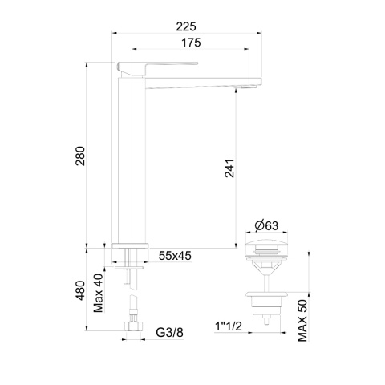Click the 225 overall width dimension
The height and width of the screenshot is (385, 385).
[186, 26]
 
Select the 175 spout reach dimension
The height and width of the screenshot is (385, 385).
[191, 43]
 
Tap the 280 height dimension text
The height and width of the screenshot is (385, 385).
[80, 156]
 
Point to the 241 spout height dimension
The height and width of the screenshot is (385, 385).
[229, 168]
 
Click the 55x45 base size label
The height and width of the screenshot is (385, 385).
[175, 256]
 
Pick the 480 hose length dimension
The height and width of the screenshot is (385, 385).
[80, 290]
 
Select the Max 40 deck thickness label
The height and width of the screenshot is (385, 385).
[99, 293]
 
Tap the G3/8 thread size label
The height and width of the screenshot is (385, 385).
[170, 333]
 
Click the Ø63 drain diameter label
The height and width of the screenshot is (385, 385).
[266, 225]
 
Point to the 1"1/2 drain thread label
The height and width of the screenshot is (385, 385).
[229, 326]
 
